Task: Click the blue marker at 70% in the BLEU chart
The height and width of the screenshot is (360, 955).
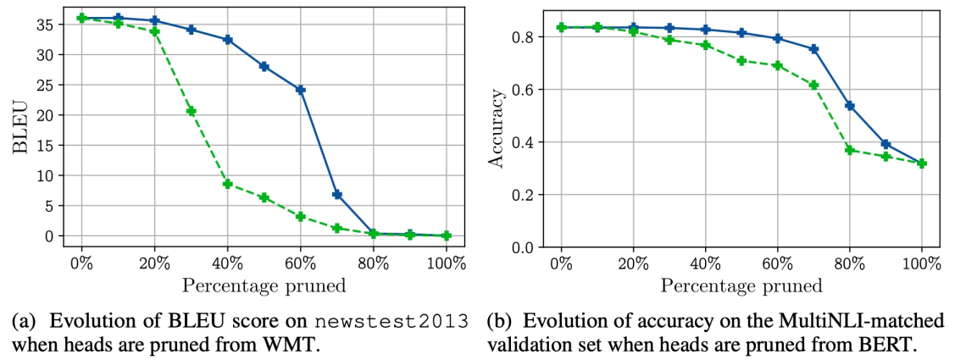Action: (337, 195)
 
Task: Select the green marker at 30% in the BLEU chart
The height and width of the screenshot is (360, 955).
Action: (192, 111)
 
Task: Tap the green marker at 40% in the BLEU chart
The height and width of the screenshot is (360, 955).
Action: (228, 184)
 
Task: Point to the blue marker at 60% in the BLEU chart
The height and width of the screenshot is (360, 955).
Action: (301, 89)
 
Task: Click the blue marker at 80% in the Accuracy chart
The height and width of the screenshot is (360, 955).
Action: (850, 106)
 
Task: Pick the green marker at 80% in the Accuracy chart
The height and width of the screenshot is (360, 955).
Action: (850, 150)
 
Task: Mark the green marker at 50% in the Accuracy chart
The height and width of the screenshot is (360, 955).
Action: (741, 61)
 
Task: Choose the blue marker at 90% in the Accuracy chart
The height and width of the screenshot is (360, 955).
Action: (886, 144)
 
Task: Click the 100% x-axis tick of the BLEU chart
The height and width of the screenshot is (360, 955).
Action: (446, 262)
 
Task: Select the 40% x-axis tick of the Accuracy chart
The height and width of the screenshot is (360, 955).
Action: (705, 263)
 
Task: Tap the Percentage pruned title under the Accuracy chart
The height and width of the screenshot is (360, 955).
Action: (741, 285)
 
